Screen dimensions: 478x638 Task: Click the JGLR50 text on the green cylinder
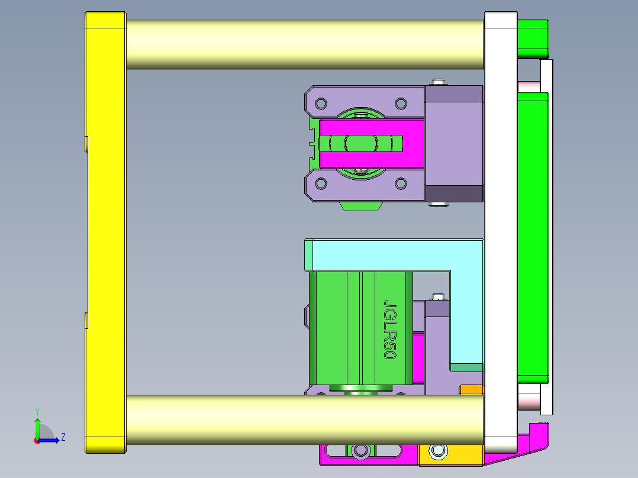[x=389, y=330]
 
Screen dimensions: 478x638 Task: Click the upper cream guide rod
[x=305, y=44]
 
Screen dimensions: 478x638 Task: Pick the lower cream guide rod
[x=305, y=419]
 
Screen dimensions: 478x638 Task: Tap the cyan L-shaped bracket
[x=391, y=255]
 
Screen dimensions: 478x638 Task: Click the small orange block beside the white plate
[x=472, y=390]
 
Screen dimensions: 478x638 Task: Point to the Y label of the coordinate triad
[x=37, y=411]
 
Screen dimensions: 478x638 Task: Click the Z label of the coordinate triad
[x=63, y=437]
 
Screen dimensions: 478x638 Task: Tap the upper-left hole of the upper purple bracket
[x=321, y=104]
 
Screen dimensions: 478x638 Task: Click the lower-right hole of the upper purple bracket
[x=401, y=184]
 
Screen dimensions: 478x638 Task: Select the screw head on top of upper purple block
[x=438, y=82]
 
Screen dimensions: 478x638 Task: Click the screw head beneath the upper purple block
[x=438, y=205]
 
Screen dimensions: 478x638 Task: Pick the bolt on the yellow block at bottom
[x=438, y=451]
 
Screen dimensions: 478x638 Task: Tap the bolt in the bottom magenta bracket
[x=360, y=451]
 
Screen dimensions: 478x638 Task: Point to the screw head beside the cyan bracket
[x=438, y=296]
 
